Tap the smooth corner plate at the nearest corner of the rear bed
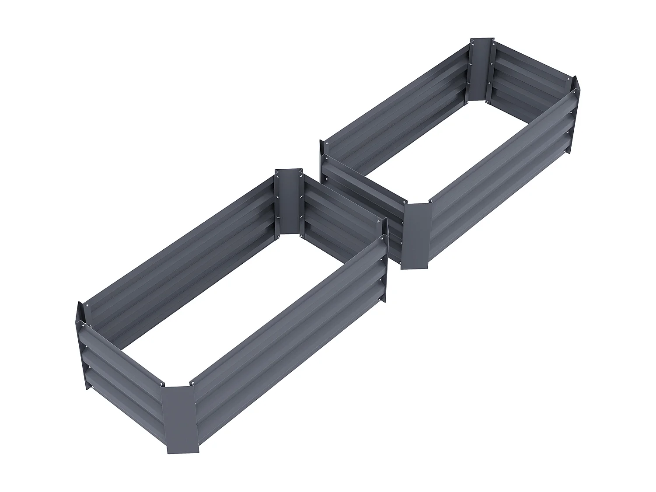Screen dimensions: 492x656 (417, 236)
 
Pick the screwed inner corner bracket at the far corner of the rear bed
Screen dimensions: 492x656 (482, 70)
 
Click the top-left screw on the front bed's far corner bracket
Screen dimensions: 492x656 (277, 177)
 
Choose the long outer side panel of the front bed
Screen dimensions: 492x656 (289, 332)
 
